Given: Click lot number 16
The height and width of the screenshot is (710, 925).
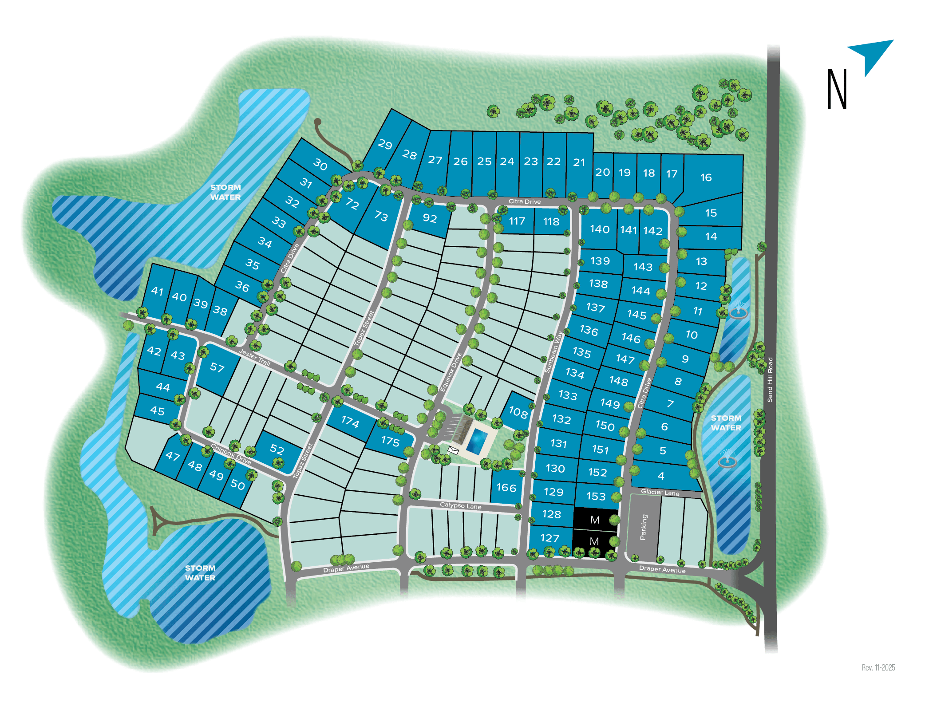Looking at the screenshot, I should pos(706,178).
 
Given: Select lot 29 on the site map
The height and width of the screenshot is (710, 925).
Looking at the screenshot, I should pos(385,145).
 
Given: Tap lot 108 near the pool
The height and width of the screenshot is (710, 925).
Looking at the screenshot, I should pos(518,412).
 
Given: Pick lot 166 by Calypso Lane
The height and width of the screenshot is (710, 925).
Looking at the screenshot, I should pos(506,488).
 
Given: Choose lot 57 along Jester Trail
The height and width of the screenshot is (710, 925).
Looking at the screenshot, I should pos(217,367).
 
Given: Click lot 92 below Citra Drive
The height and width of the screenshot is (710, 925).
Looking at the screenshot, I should pos(430,218).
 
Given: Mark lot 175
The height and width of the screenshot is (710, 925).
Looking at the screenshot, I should pos(390,441).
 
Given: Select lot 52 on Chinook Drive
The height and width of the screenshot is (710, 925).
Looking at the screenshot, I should pos(277,449).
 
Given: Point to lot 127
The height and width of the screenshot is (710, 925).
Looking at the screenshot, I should pos(549,538).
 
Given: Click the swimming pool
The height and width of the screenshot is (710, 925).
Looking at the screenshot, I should pos(477,441).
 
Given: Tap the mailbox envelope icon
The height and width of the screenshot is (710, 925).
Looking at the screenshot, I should pos(453,450).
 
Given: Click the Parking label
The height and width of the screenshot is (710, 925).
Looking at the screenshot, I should pos(644,527).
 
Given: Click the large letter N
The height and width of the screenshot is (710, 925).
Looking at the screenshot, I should pos(837,89).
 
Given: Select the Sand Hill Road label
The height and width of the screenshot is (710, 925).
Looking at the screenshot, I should pos(770,379).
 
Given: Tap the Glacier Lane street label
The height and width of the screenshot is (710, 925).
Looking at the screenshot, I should pos(660,492).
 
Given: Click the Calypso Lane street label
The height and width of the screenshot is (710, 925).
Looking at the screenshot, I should pos(460,505).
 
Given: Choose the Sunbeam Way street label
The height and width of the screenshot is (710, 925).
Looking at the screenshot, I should pos(553,352).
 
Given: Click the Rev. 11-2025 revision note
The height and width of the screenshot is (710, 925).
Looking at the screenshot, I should pos(878,667).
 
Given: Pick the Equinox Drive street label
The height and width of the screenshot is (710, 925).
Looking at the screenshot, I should pos(451,372).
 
